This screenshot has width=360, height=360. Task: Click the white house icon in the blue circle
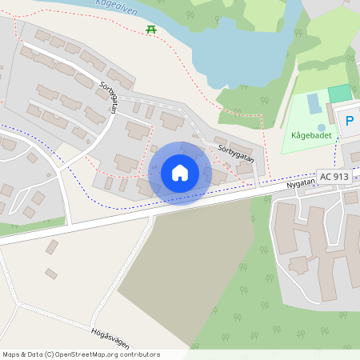click(180, 173)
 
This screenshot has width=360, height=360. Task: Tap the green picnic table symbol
click(150, 30)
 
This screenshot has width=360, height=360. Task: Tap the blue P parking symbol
click(349, 122)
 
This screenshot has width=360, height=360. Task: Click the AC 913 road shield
click(334, 176)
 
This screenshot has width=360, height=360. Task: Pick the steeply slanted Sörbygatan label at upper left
click(110, 96)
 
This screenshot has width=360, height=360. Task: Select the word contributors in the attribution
click(139, 354)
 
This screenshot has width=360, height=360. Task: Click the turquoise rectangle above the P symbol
click(339, 94)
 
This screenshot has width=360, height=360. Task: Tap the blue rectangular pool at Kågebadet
click(312, 103)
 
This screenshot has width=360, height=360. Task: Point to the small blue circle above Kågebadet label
click(322, 126)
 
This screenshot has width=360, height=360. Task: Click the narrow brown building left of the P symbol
click(330, 114)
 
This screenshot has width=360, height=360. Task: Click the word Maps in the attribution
click(12, 354)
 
